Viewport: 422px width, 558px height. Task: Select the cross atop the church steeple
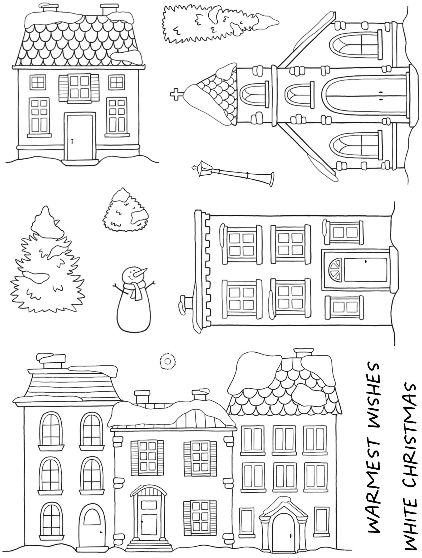point(176,94)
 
